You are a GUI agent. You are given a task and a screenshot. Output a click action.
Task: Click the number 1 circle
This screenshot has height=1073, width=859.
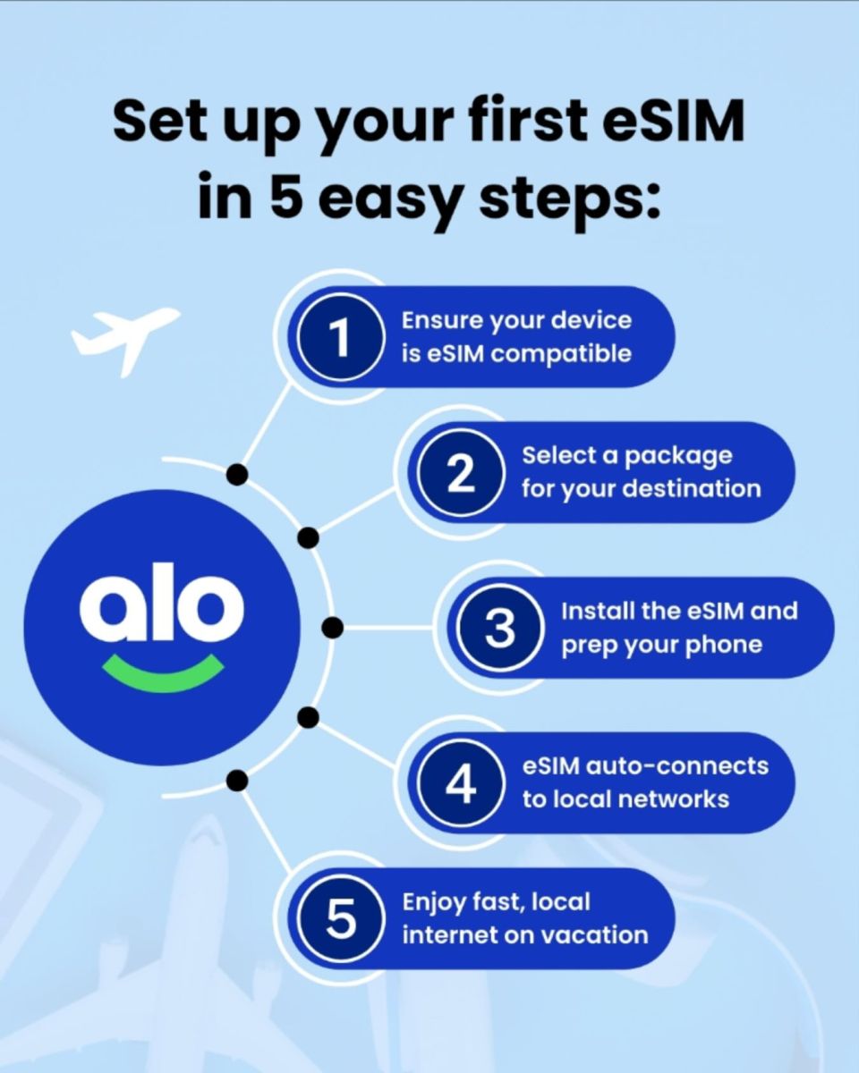click(341, 337)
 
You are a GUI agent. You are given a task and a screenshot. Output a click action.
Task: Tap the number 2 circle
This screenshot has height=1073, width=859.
click(461, 473)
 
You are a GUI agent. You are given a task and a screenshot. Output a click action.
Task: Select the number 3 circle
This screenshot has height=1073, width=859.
click(499, 628)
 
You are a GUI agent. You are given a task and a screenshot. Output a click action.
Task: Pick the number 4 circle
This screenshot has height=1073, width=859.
click(461, 782)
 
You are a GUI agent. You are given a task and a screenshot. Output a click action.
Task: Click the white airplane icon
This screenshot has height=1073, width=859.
click(124, 339)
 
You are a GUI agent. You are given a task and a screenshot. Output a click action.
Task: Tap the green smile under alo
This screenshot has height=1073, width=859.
click(163, 672)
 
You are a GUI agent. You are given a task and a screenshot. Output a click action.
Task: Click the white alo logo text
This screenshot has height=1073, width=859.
click(162, 603)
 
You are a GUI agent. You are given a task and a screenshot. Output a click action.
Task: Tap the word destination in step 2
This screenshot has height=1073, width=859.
click(693, 488)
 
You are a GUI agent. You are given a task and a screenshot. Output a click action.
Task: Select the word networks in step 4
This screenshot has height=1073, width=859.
click(673, 799)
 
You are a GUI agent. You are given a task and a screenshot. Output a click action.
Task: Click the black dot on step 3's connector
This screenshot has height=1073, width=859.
click(333, 628)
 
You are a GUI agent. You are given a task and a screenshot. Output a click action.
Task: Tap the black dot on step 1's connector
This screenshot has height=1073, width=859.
click(237, 474)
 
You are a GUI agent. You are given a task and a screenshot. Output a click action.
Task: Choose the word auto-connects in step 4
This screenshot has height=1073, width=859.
click(676, 766)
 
